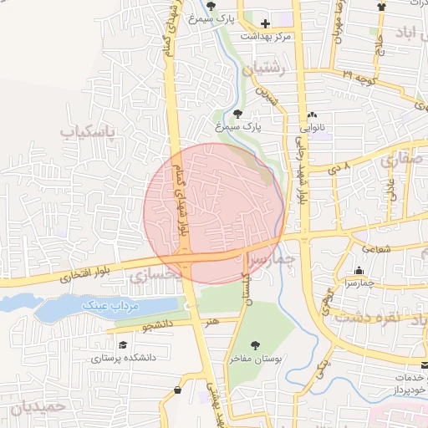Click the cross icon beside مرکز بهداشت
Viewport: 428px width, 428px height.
tap(266, 23)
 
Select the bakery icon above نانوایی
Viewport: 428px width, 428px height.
tap(312, 115)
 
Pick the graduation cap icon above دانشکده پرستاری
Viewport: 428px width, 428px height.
tap(123, 344)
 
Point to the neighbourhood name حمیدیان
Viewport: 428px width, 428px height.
tap(37, 409)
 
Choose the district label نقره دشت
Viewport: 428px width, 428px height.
tap(368, 318)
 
